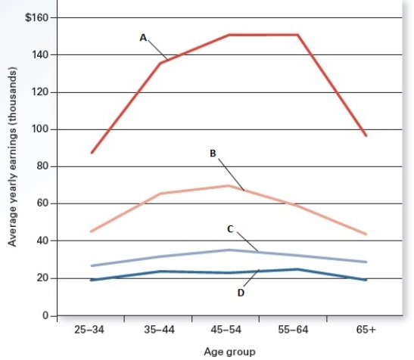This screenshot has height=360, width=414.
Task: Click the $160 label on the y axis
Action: (x=37, y=17)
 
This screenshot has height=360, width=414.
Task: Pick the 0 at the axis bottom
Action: (x=45, y=315)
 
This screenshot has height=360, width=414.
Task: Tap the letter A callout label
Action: (x=142, y=36)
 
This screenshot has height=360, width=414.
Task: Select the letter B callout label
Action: (x=213, y=153)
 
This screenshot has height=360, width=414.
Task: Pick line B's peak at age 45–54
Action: (x=229, y=185)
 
